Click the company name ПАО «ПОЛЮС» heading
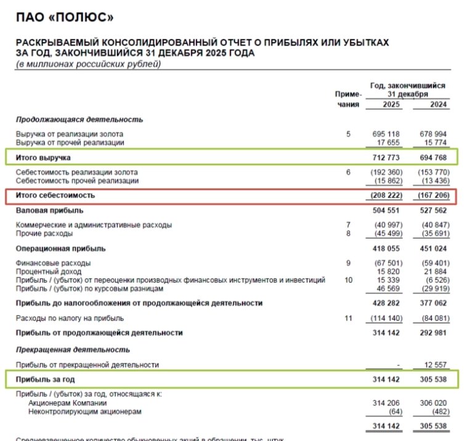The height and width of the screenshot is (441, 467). [65, 18]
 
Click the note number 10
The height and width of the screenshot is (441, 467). [348, 280]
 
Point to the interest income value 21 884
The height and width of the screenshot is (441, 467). [438, 272]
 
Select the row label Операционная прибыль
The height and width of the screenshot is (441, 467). [60, 248]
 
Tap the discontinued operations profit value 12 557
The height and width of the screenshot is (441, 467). [438, 365]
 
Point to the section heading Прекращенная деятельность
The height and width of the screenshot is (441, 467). [73, 349]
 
